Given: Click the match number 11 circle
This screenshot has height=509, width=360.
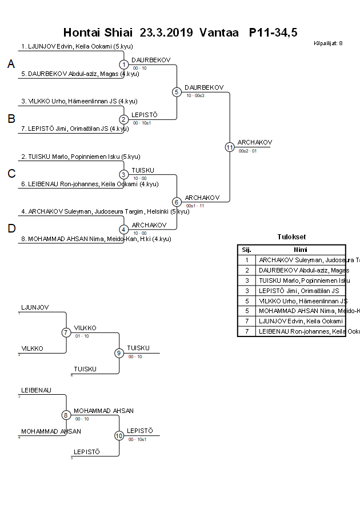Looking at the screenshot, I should click(230, 147).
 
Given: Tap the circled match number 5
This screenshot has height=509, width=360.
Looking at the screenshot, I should click(177, 92).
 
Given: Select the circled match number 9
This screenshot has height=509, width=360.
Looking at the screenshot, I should click(119, 353).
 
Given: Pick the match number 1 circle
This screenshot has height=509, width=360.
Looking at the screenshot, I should click(124, 65).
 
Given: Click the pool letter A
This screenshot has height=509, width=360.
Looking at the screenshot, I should click(11, 65).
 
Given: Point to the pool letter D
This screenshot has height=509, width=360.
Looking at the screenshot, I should click(11, 229).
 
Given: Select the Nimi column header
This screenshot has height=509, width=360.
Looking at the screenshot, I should click(301, 250).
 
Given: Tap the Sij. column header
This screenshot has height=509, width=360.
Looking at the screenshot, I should click(246, 250).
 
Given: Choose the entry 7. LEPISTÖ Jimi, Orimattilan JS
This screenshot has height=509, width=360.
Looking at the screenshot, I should click(75, 129).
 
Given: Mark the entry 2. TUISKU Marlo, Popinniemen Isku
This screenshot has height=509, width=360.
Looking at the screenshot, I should click(81, 157).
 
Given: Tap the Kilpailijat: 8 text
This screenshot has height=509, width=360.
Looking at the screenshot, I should click(329, 43).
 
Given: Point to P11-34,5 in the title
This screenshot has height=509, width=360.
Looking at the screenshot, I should click(273, 33).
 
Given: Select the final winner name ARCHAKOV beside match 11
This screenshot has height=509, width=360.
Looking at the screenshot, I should click(255, 142).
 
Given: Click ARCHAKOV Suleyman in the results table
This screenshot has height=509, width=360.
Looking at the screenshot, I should click(302, 260).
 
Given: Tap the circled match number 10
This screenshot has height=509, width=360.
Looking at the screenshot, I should click(119, 435).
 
